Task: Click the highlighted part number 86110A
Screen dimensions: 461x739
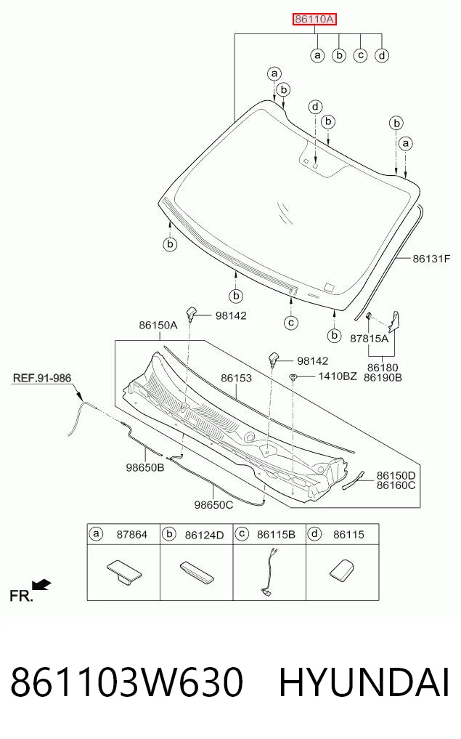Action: click(314, 20)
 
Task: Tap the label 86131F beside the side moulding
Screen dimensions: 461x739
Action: click(431, 258)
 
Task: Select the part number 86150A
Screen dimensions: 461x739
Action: click(158, 326)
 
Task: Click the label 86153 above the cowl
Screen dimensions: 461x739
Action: click(237, 378)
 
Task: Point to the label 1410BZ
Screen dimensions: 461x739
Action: click(338, 376)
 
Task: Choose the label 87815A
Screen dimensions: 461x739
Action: click(370, 338)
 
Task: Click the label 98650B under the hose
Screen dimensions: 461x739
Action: click(145, 467)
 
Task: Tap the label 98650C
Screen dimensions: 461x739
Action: click(213, 505)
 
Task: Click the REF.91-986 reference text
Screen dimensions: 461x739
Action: click(42, 378)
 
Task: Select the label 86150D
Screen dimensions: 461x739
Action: click(396, 475)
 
